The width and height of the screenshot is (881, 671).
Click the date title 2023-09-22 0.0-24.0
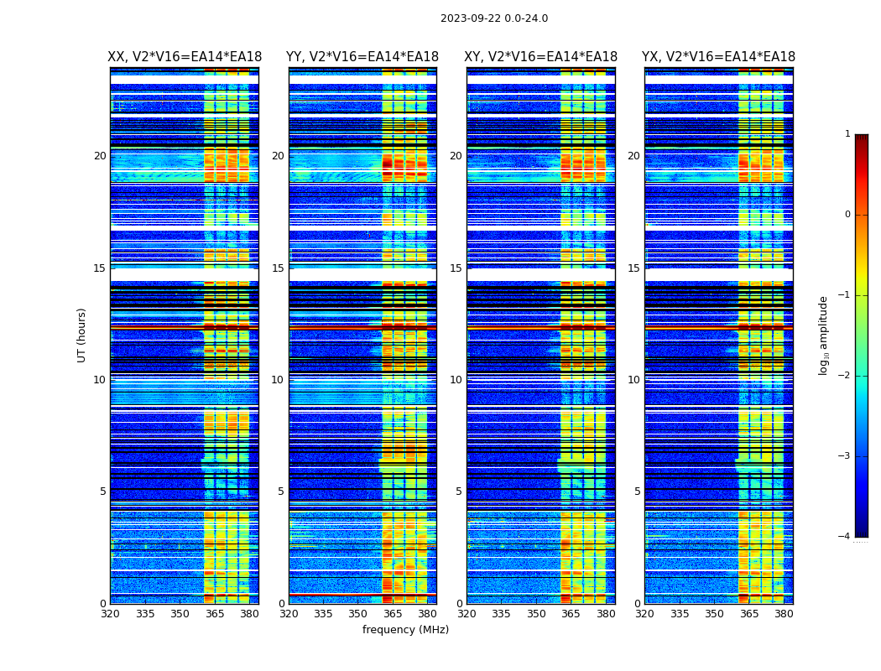[x=494, y=18]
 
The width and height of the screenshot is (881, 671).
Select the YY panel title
[x=362, y=57]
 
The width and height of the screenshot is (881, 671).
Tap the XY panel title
[x=541, y=57]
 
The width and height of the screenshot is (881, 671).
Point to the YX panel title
[x=719, y=57]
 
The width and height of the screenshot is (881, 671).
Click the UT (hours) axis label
[x=82, y=335]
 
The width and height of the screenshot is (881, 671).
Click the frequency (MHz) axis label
[x=405, y=630]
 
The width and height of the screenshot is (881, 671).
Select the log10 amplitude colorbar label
[x=824, y=335]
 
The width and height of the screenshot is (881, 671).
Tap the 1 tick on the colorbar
[x=847, y=134]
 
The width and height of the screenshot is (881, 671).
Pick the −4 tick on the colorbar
[x=845, y=537]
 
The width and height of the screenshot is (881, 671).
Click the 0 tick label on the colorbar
[x=847, y=215]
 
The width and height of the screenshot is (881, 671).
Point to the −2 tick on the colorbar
[x=845, y=376]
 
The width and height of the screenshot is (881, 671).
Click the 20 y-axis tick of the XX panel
[x=100, y=156]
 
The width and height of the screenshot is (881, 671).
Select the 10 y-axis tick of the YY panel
[x=278, y=380]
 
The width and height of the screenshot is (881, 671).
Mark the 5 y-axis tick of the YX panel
[x=638, y=492]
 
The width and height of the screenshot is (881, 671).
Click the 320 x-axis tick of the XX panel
[x=110, y=614]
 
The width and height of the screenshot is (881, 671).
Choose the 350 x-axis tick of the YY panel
[x=358, y=614]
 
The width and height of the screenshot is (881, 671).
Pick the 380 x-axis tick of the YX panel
[x=784, y=614]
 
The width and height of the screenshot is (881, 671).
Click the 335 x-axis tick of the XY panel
[x=502, y=614]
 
